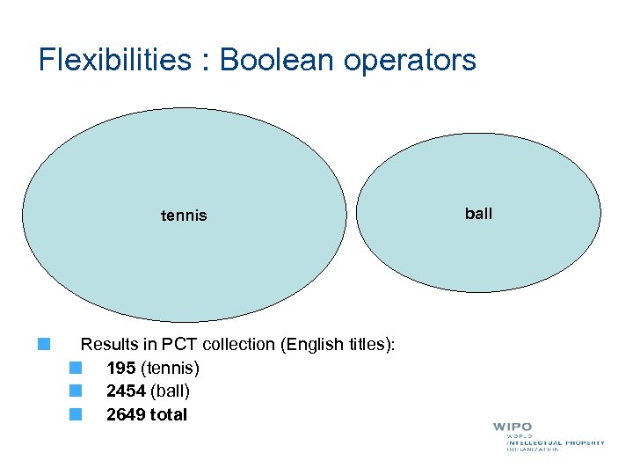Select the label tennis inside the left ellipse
(184, 216)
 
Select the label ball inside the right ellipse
(478, 214)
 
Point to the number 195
(120, 368)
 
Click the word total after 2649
(169, 414)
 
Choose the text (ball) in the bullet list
(170, 391)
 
